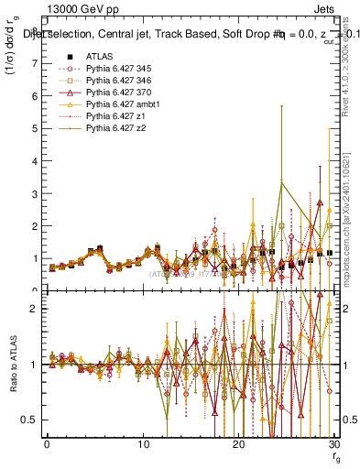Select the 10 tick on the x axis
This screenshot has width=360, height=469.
[142, 444]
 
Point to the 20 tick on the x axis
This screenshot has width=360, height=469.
[238, 444]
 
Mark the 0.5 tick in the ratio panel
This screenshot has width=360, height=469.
[33, 420]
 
